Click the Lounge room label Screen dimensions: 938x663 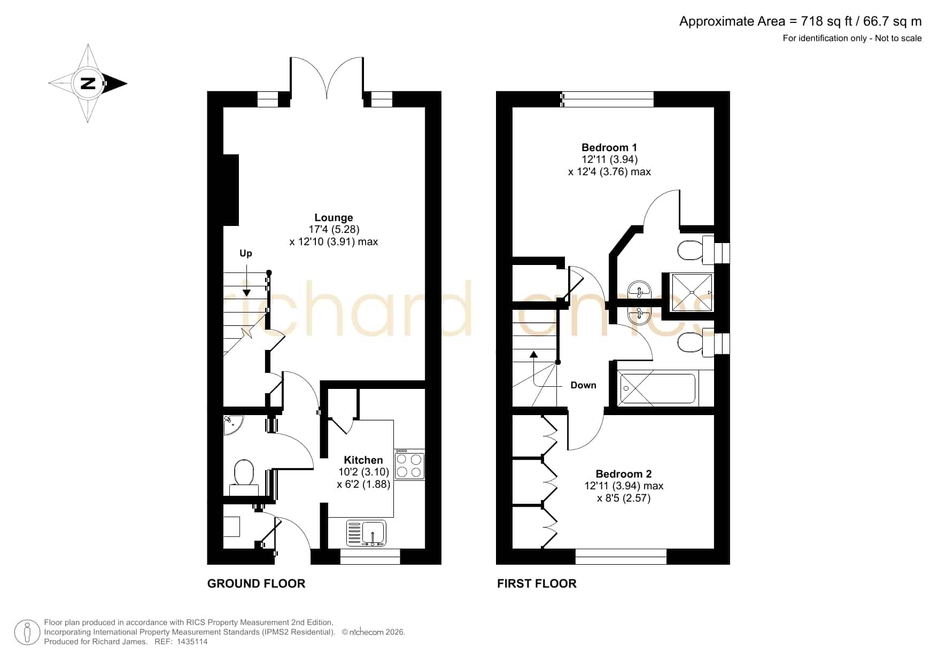[x=334, y=217]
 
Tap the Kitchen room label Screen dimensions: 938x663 [x=363, y=460]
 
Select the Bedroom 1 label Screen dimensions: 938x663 [x=609, y=147]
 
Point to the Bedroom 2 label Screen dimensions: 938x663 [x=624, y=474]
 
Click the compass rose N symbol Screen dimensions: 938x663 [x=88, y=83]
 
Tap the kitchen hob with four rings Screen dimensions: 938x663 [x=409, y=465]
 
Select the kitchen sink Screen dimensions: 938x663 [x=366, y=533]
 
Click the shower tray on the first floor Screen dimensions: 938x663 [x=692, y=292]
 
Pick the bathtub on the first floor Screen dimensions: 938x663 [x=657, y=388]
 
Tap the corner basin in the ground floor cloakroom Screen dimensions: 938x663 [x=233, y=425]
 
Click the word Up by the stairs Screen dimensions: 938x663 [x=246, y=253]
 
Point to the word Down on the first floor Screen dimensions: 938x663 [x=583, y=385]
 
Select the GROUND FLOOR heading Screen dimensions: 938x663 [x=256, y=584]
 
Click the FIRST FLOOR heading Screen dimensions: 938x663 [x=537, y=584]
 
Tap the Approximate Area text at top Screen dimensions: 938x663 [x=800, y=21]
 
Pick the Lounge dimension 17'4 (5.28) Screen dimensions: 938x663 [x=334, y=229]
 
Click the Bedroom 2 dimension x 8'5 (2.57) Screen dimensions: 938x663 [x=624, y=498]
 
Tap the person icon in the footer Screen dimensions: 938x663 [x=27, y=633]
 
